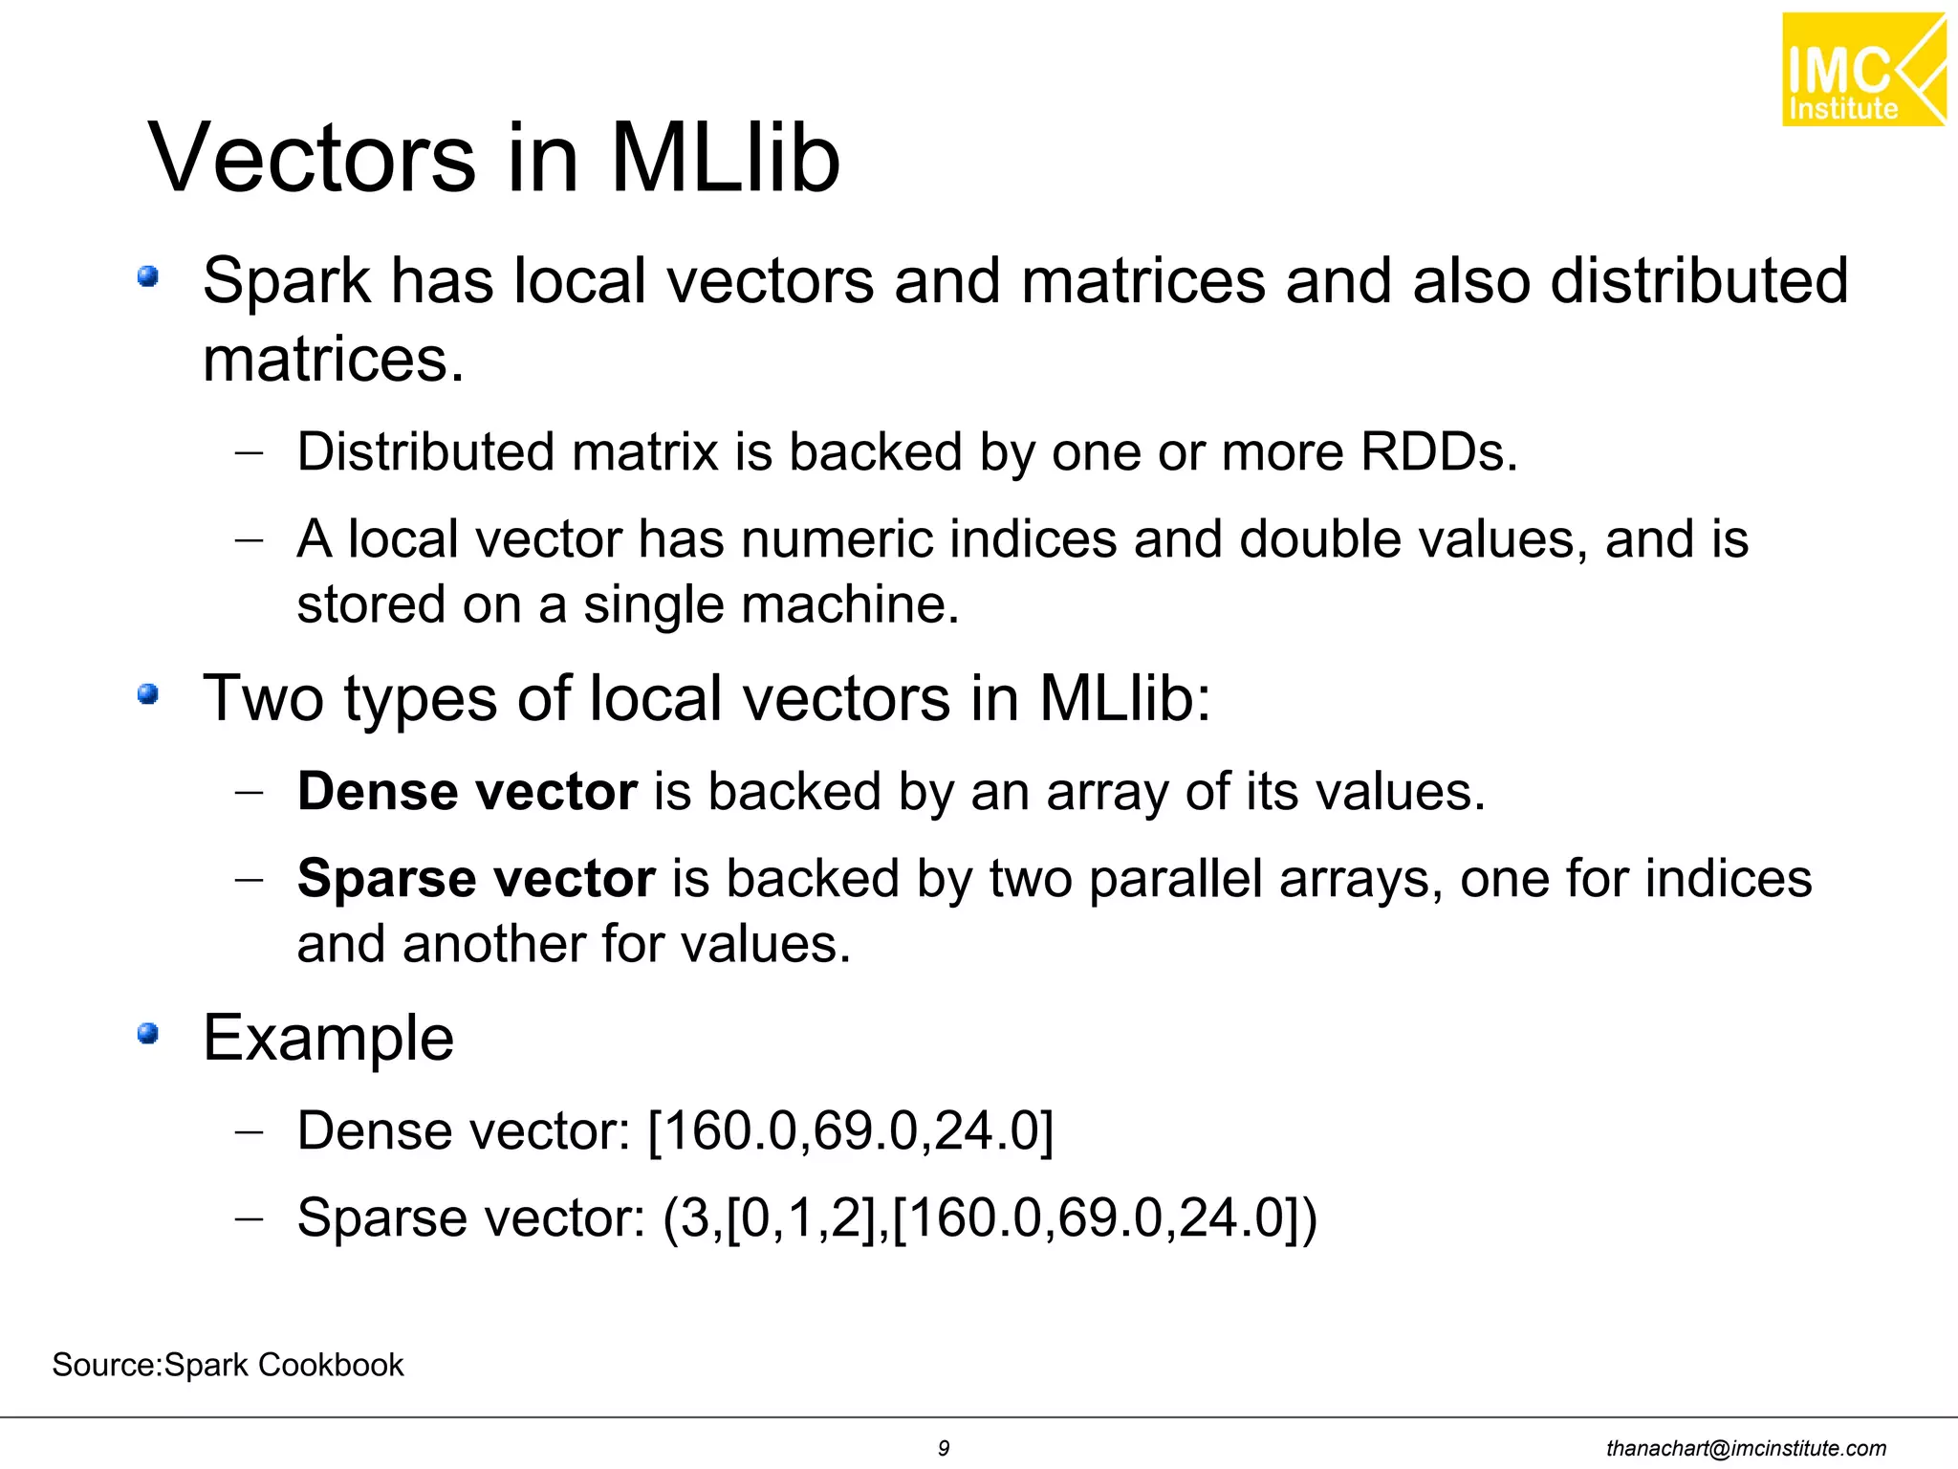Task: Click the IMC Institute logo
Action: (x=1862, y=70)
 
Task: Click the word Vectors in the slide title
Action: (x=312, y=158)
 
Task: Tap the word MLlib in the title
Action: (x=725, y=158)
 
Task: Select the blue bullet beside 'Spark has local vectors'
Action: (x=147, y=277)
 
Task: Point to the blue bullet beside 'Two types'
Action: (x=147, y=694)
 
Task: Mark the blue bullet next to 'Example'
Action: (x=147, y=1034)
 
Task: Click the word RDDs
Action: (x=1438, y=451)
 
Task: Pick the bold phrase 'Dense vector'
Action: (x=467, y=792)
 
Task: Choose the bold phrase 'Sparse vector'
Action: (x=476, y=878)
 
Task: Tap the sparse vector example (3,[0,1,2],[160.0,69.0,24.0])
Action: (x=990, y=1218)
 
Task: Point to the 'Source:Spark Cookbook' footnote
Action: (x=228, y=1365)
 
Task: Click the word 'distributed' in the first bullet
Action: (x=1698, y=281)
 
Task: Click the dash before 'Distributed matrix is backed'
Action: (x=249, y=453)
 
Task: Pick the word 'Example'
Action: (x=328, y=1038)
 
